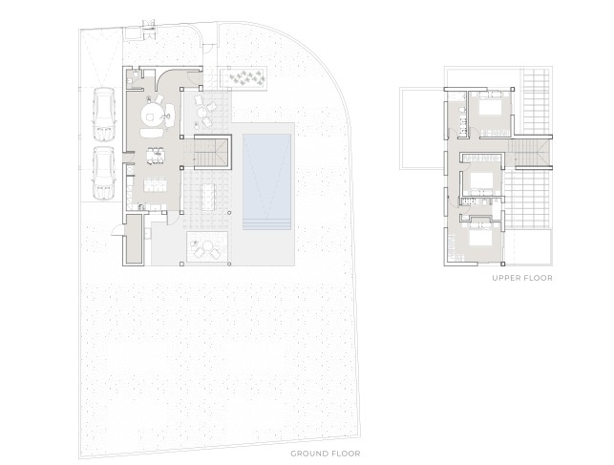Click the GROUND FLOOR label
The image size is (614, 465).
pyautogui.click(x=326, y=454)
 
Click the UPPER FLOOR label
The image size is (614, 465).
pyautogui.click(x=522, y=278)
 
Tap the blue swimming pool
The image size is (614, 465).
pyautogui.click(x=266, y=181)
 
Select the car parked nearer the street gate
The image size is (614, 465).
pyautogui.click(x=103, y=114)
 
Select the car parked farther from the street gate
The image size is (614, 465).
pyautogui.click(x=103, y=173)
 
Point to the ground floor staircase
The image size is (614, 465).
pyautogui.click(x=211, y=151)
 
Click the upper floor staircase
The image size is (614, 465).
pyautogui.click(x=530, y=153)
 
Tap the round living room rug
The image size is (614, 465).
pyautogui.click(x=152, y=114)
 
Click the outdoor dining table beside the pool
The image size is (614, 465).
pyautogui.click(x=208, y=197)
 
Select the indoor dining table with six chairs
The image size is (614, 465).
pyautogui.click(x=156, y=155)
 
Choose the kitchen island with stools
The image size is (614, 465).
pyautogui.click(x=155, y=184)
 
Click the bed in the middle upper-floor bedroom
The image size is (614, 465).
pyautogui.click(x=482, y=180)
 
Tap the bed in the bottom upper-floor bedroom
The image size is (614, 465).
pyautogui.click(x=481, y=238)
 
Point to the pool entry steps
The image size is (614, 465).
pyautogui.click(x=266, y=224)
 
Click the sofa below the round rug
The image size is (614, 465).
pyautogui.click(x=152, y=133)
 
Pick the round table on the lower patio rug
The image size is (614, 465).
pyautogui.click(x=207, y=246)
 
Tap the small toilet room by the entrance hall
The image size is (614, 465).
pyautogui.click(x=134, y=78)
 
